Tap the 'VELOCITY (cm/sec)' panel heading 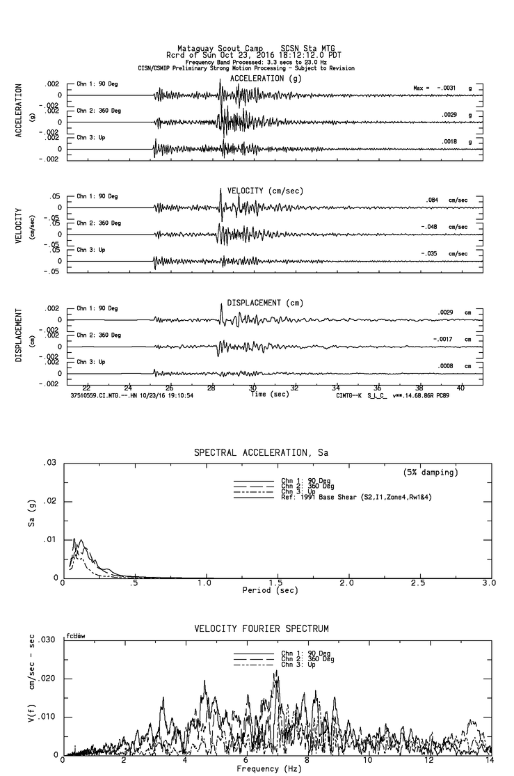pyautogui.click(x=265, y=191)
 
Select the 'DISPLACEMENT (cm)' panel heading pyautogui.click(x=265, y=303)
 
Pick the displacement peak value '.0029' pyautogui.click(x=445, y=312)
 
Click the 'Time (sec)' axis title pyautogui.click(x=269, y=394)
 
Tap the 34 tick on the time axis pyautogui.click(x=336, y=388)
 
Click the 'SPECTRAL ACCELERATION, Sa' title pyautogui.click(x=261, y=453)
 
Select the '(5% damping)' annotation pyautogui.click(x=431, y=473)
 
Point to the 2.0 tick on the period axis pyautogui.click(x=347, y=583)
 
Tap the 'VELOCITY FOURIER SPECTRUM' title pyautogui.click(x=261, y=629)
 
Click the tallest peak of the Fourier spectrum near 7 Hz pyautogui.click(x=277, y=671)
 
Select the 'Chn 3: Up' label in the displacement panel pyautogui.click(x=91, y=362)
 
